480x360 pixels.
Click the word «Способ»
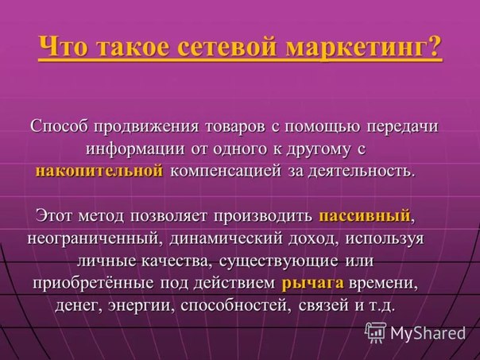tap(59, 126)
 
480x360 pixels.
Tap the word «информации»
tap(135, 149)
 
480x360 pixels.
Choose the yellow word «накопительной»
tap(99, 171)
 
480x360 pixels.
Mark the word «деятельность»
tap(359, 171)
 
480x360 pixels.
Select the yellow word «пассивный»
tap(365, 215)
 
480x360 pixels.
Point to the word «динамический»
tap(226, 238)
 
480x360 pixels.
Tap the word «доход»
tap(313, 238)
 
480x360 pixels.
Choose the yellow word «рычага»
tap(312, 284)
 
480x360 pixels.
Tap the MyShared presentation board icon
tap(375, 332)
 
